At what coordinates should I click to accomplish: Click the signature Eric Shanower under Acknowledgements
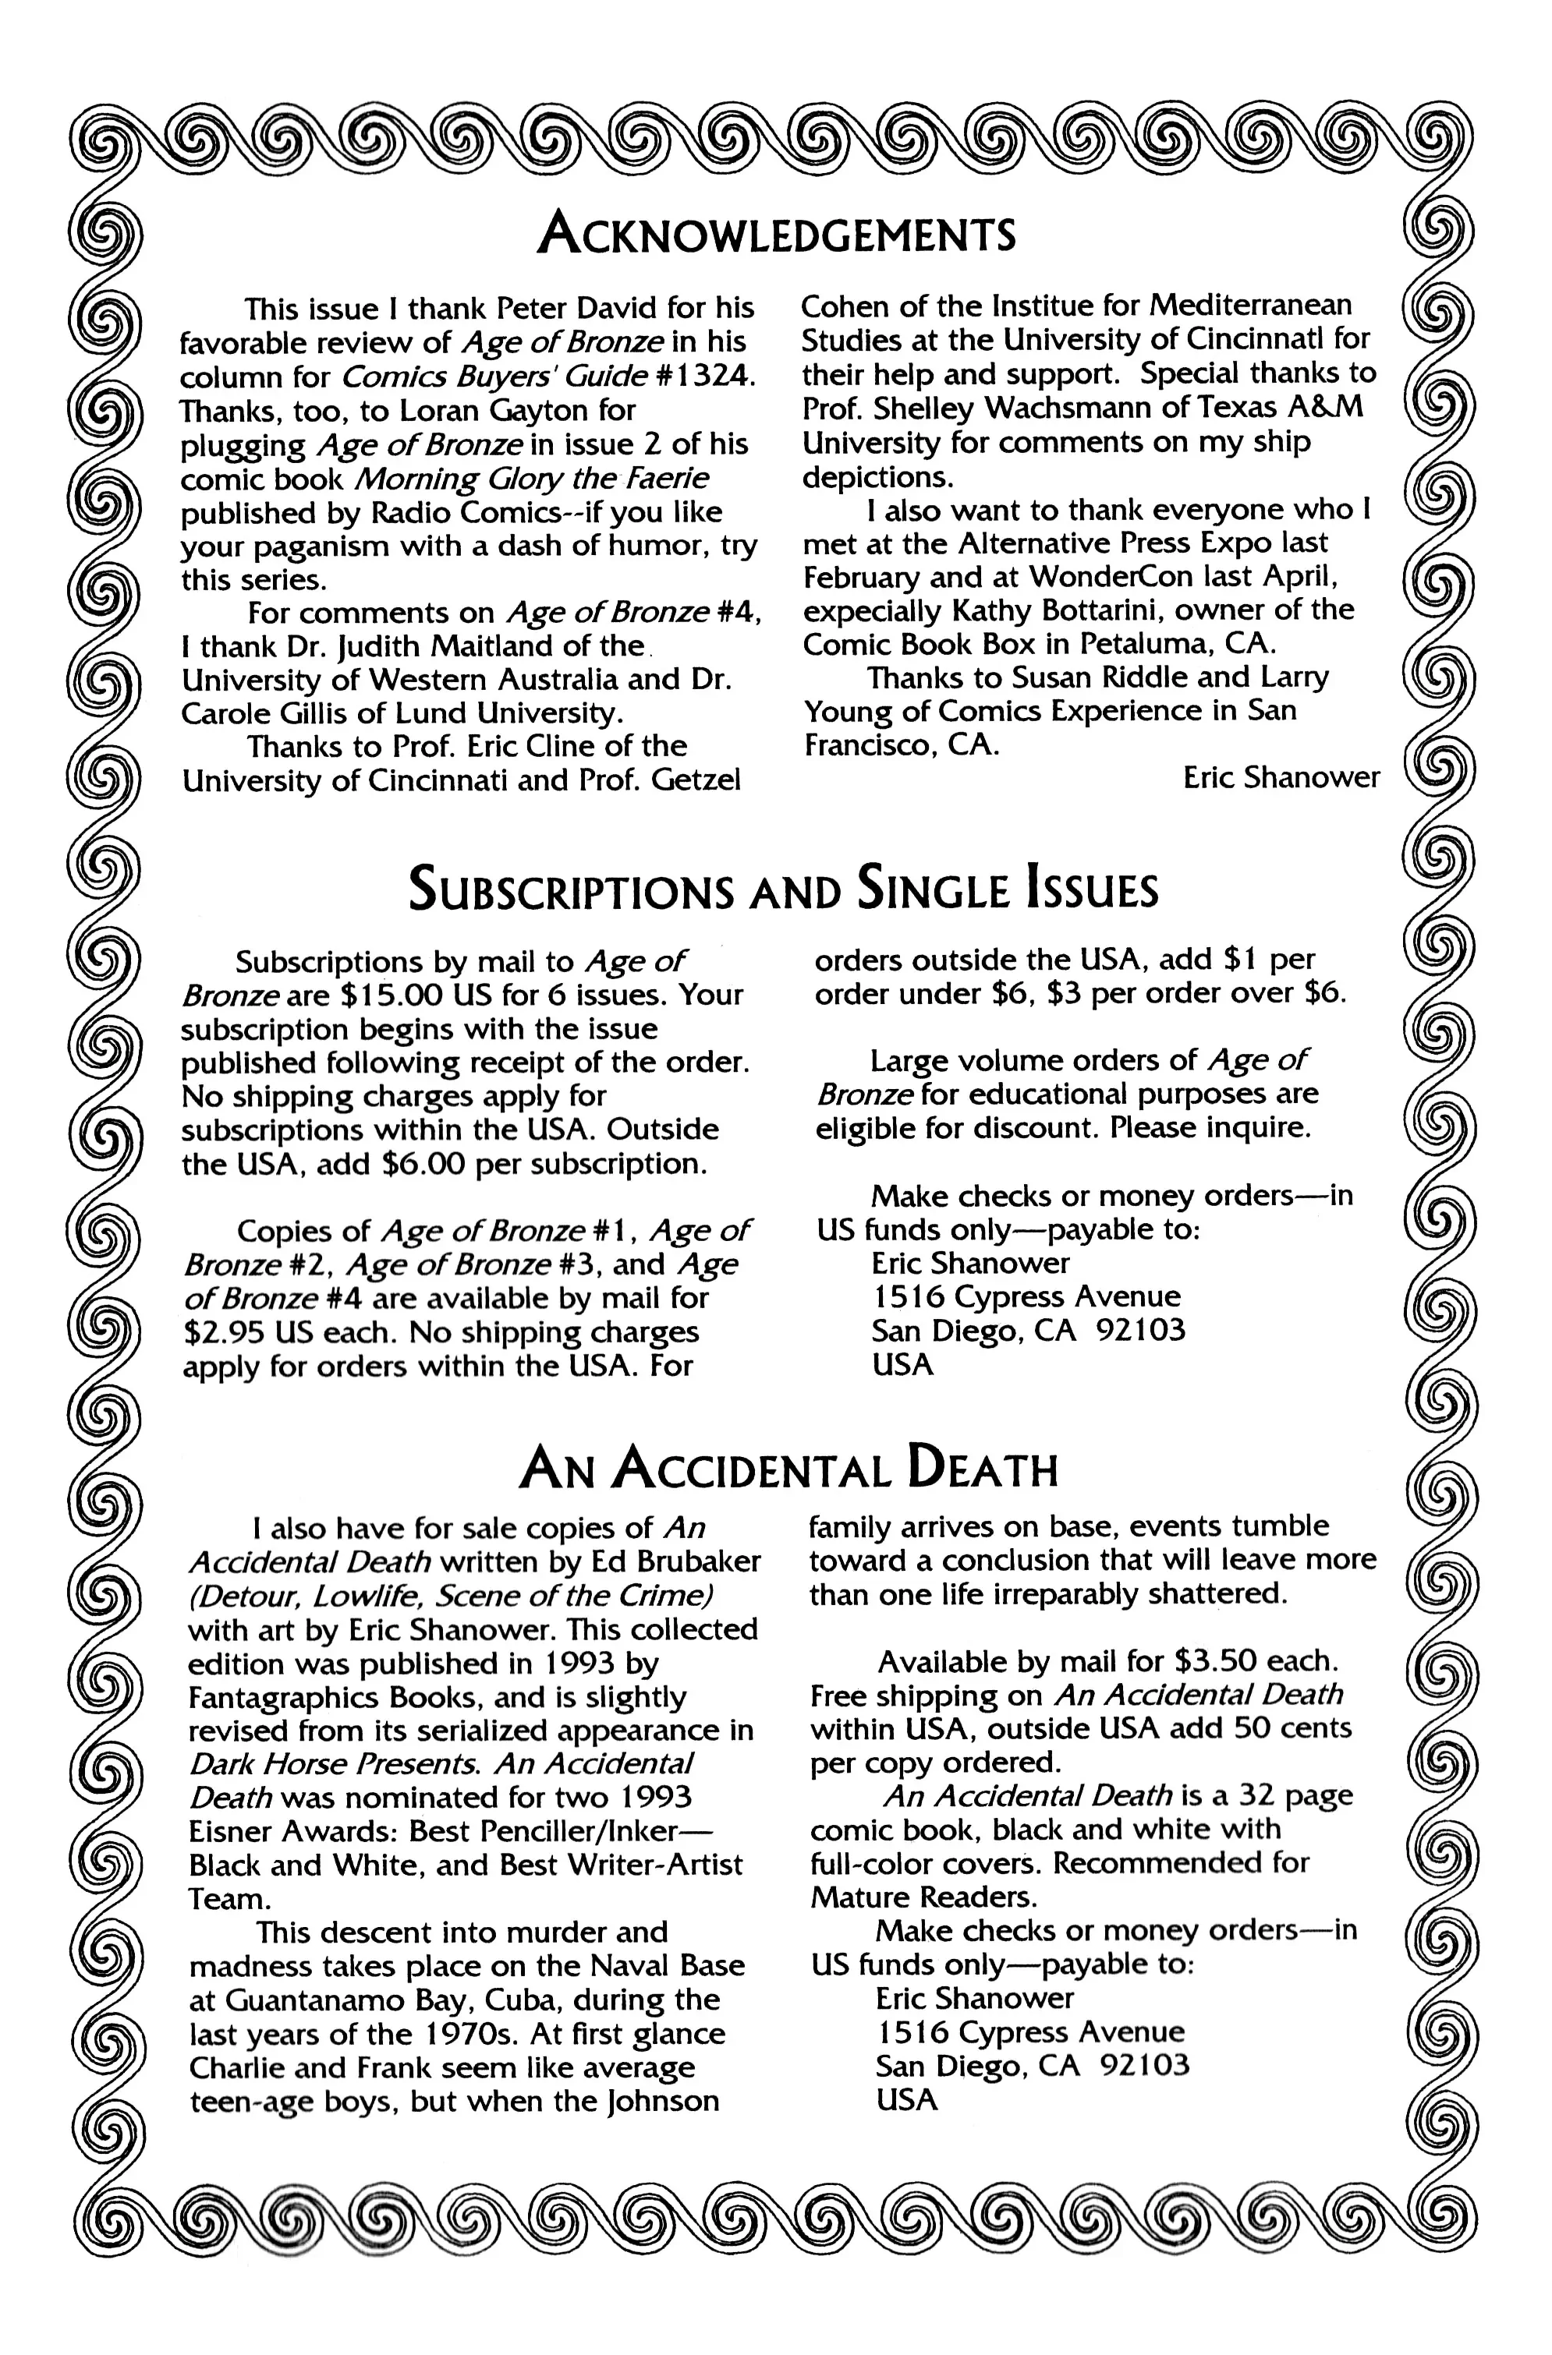coord(1280,778)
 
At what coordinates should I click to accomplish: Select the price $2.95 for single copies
coord(225,1332)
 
